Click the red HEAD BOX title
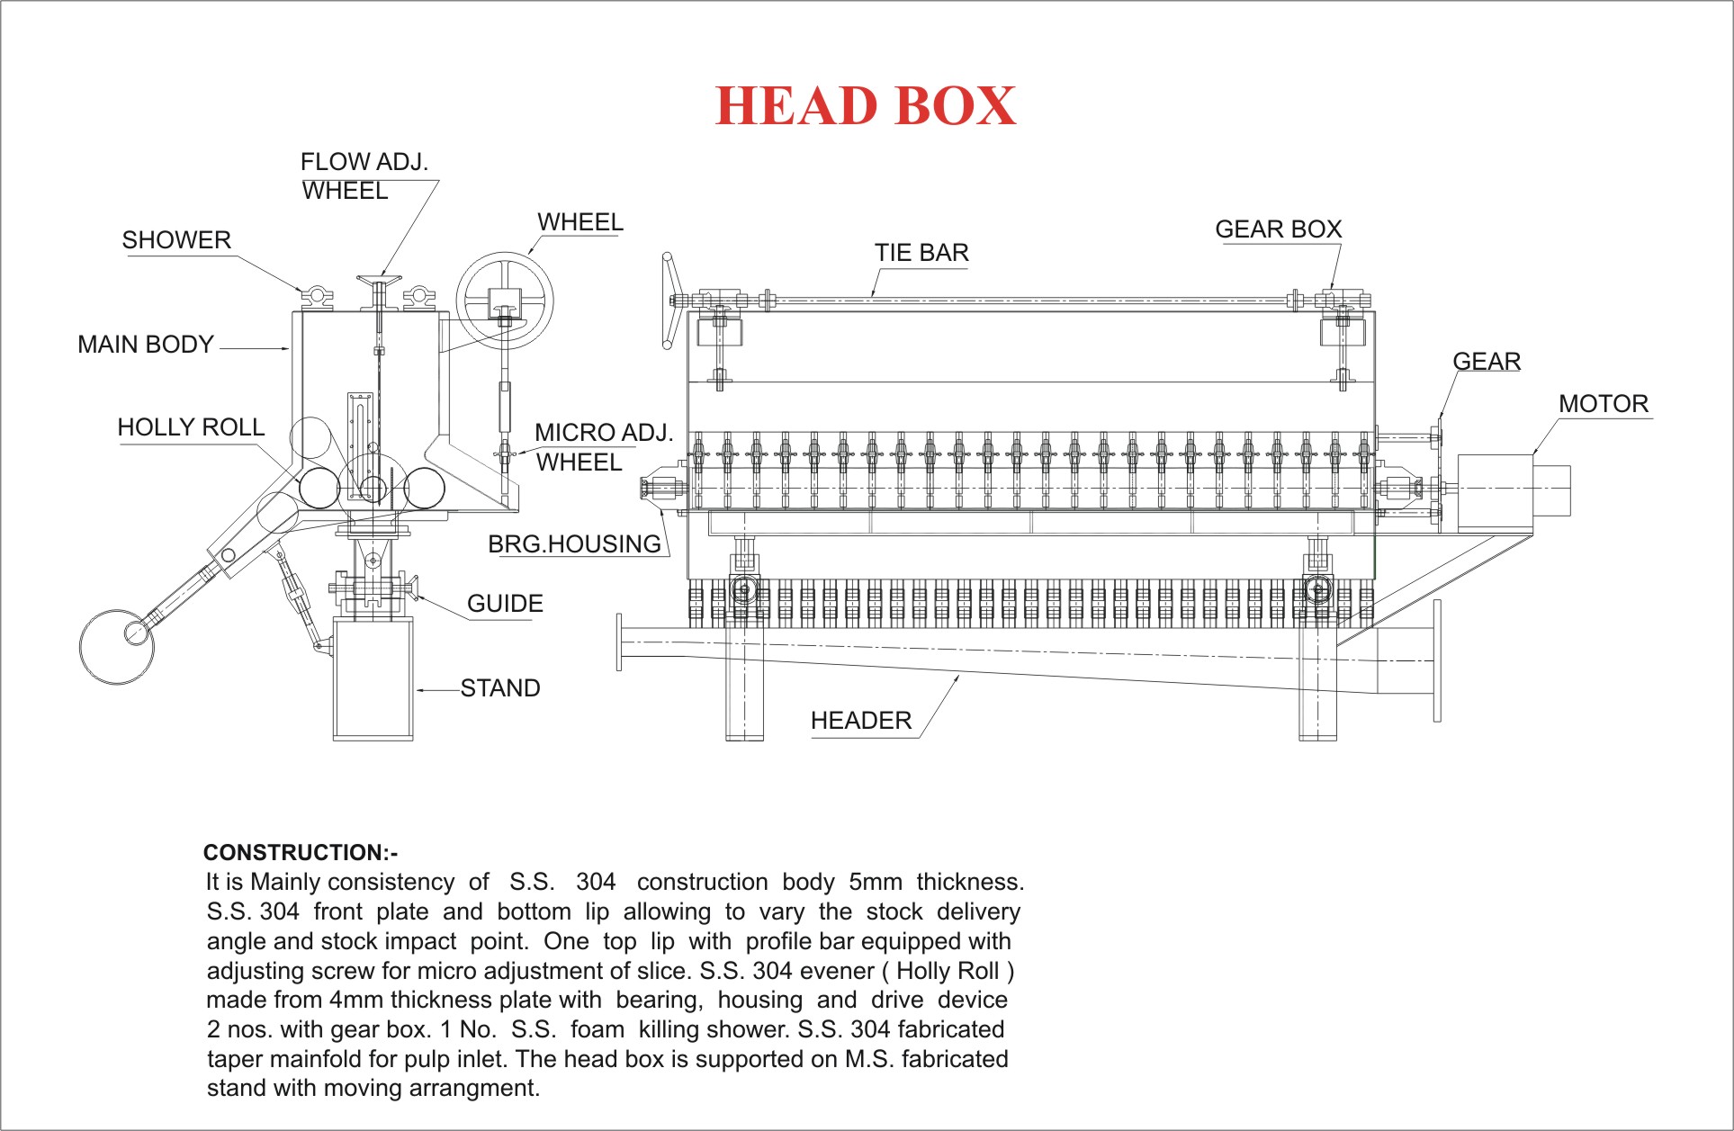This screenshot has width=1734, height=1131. [x=866, y=106]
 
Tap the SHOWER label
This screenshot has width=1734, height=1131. [x=176, y=240]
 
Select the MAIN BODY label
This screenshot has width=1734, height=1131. [x=146, y=345]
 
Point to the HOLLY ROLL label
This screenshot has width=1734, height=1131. [x=191, y=427]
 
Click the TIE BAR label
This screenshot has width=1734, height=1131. [x=921, y=253]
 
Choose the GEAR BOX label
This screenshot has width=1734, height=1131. [x=1279, y=229]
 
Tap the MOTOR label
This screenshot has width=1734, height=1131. [x=1604, y=404]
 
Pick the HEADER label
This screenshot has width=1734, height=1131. [x=861, y=721]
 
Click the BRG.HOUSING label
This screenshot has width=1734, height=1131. [x=574, y=544]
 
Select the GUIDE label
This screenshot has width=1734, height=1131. [x=505, y=604]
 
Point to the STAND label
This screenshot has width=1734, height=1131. [x=500, y=688]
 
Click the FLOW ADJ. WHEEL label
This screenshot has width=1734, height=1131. [x=364, y=176]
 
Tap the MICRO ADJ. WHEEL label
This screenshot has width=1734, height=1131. [x=604, y=447]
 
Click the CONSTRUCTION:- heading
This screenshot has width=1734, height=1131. [x=301, y=853]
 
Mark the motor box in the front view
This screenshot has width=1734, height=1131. [x=1495, y=491]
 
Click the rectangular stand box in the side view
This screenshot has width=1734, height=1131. [x=373, y=678]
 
